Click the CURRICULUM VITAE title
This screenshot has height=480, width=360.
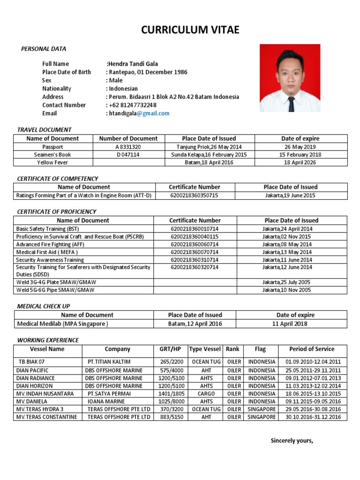pos(190,30)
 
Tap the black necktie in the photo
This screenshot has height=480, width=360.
pos(291,103)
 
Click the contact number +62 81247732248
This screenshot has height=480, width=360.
pos(133,105)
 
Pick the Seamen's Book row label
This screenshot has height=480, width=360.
pos(52,155)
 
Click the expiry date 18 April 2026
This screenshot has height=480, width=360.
pos(300,163)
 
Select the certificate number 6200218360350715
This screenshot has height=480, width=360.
pos(195,195)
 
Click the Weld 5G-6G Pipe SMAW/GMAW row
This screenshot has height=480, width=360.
pos(55,290)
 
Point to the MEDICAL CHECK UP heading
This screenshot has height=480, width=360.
pos(44,306)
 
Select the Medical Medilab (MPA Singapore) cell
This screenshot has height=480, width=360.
pos(62,324)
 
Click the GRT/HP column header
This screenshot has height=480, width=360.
pos(170,349)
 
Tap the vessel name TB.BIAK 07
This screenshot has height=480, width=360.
pos(31,362)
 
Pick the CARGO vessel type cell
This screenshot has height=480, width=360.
pos(205,394)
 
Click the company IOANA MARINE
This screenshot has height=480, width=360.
pos(106,402)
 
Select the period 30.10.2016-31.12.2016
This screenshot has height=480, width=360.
pos(313,417)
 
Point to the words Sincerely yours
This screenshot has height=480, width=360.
pos(292,441)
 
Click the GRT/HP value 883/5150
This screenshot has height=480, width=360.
pos(170,417)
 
